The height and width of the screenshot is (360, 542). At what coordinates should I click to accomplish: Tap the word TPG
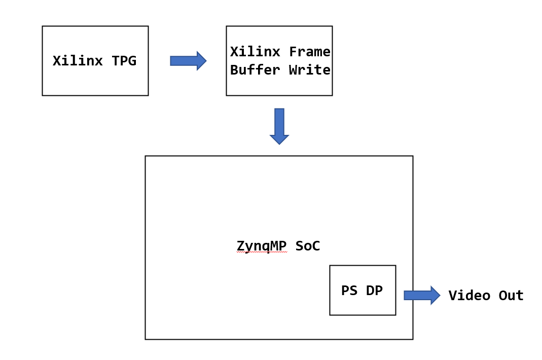tap(124, 61)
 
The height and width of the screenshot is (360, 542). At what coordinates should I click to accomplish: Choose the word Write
tap(309, 70)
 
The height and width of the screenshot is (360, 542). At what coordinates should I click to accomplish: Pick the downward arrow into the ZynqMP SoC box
tap(279, 126)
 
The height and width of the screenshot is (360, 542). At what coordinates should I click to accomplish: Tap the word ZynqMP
tap(262, 246)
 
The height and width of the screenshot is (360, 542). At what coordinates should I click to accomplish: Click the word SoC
tap(307, 246)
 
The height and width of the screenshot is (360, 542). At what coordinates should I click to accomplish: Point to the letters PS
tap(349, 291)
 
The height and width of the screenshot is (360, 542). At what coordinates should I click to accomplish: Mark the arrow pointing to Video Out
tap(421, 295)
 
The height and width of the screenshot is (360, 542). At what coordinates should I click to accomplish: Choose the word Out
tap(511, 296)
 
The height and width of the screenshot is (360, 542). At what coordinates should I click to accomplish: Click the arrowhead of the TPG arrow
tap(201, 61)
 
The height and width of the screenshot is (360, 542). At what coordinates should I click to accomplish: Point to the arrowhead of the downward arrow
tap(279, 139)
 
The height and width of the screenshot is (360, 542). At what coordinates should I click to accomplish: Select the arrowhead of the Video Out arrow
tap(435, 295)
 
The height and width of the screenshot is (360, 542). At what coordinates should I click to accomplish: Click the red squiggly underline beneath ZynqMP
tap(262, 252)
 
